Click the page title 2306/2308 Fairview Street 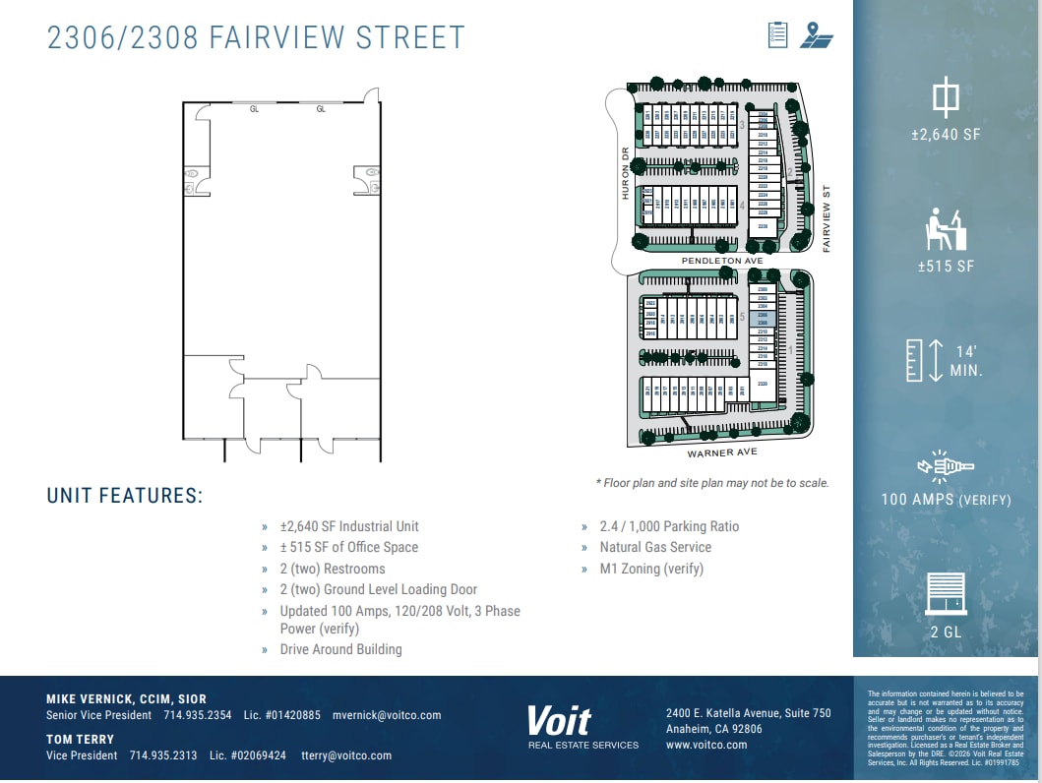point(256,37)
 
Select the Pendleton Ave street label point(722,261)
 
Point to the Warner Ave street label point(722,452)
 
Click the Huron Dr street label point(624,173)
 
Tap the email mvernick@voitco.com point(387,715)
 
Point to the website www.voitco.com point(706,746)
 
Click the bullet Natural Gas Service point(655,547)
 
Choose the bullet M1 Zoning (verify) point(651,569)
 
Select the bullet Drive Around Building point(340,649)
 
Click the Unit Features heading point(125,496)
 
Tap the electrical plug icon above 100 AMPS point(945,466)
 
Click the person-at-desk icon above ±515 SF point(946,229)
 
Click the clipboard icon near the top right point(778,35)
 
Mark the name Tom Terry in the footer point(81,739)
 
